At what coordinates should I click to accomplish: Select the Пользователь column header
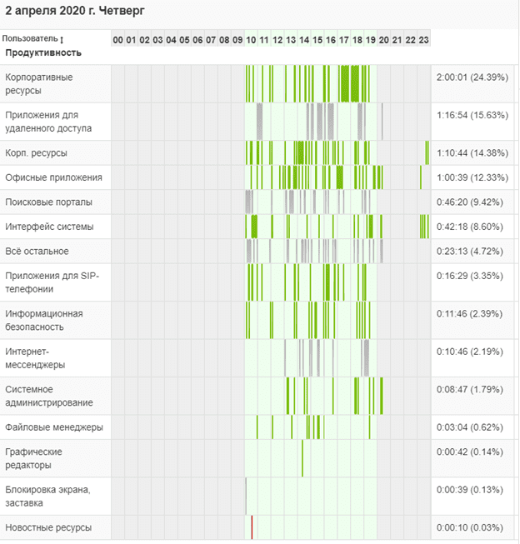pyautogui.click(x=30, y=39)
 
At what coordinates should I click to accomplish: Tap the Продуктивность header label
pyautogui.click(x=43, y=52)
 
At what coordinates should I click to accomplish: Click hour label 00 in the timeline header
pyautogui.click(x=117, y=40)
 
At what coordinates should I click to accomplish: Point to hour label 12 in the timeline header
pyautogui.click(x=277, y=40)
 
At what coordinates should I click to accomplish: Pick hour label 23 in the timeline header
pyautogui.click(x=423, y=40)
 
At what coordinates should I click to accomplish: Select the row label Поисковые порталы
pyautogui.click(x=48, y=202)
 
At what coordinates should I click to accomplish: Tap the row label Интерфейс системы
pyautogui.click(x=49, y=227)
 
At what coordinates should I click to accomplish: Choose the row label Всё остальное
pyautogui.click(x=37, y=252)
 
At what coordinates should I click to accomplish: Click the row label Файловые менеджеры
pyautogui.click(x=54, y=427)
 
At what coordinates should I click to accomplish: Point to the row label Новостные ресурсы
pyautogui.click(x=47, y=528)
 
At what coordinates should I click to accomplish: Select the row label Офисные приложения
pyautogui.click(x=53, y=177)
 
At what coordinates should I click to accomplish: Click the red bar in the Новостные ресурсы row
pyautogui.click(x=252, y=527)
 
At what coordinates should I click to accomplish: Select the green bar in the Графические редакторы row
pyautogui.click(x=302, y=458)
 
